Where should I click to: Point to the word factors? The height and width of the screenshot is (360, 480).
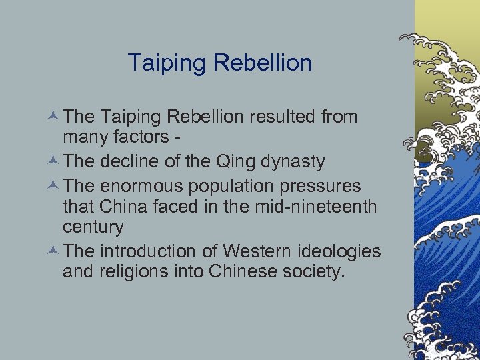(142, 138)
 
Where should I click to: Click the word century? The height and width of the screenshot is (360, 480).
(93, 227)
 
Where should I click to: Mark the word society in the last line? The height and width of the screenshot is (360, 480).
(314, 272)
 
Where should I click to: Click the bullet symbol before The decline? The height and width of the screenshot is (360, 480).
(54, 161)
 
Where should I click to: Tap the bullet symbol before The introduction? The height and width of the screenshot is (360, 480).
(54, 251)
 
